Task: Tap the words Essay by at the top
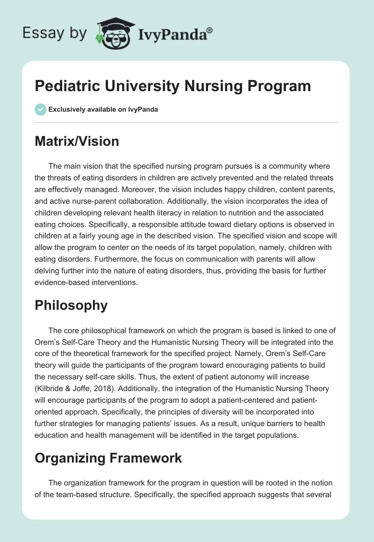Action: click(55, 33)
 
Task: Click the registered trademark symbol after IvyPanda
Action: click(210, 30)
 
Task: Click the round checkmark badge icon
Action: click(40, 109)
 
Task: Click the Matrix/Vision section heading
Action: click(77, 141)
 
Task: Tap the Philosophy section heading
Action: click(71, 305)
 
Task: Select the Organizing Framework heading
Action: click(108, 458)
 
